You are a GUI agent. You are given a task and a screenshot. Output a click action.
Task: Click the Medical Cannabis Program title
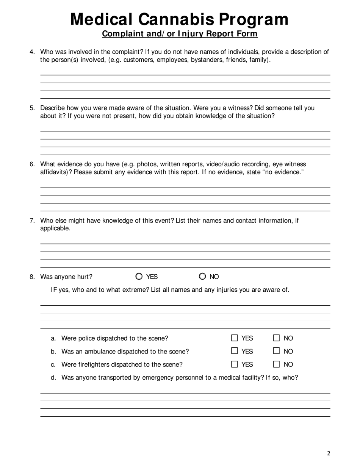click(x=179, y=19)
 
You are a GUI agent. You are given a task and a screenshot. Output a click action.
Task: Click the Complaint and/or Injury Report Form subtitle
click(x=180, y=34)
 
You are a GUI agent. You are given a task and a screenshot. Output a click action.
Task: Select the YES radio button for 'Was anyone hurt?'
click(x=139, y=277)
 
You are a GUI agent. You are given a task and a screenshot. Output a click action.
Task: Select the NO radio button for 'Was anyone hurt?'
click(x=202, y=277)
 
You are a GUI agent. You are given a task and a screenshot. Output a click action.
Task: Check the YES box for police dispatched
click(x=235, y=338)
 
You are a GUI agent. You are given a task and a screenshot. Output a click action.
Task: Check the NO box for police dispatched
click(x=277, y=338)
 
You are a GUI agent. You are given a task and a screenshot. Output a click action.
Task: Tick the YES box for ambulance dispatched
click(x=235, y=351)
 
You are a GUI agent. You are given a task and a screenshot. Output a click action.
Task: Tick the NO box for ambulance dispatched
click(x=277, y=351)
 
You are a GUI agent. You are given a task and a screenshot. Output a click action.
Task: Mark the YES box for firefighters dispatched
click(x=235, y=364)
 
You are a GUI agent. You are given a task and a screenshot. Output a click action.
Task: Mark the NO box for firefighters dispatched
click(x=277, y=364)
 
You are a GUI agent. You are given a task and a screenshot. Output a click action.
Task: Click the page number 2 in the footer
click(x=329, y=453)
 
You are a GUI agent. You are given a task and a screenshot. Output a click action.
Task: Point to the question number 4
click(x=32, y=52)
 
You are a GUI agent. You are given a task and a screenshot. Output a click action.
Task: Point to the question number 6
click(x=32, y=164)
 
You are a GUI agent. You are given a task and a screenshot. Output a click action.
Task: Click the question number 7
click(x=32, y=220)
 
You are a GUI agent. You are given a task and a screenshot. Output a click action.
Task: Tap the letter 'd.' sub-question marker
click(x=53, y=377)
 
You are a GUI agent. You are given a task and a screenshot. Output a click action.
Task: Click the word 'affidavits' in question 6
click(x=54, y=172)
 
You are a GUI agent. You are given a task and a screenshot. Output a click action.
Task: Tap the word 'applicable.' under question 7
click(x=55, y=228)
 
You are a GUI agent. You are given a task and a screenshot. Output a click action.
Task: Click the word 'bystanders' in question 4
click(x=208, y=60)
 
